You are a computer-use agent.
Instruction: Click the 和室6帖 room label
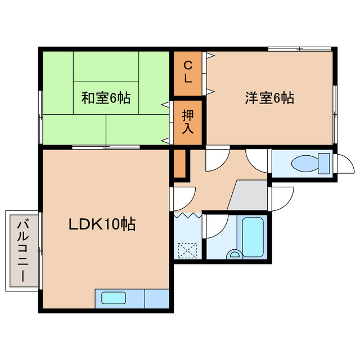click(x=106, y=98)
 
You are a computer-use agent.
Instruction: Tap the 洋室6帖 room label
click(x=269, y=98)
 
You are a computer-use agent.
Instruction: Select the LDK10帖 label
click(x=102, y=224)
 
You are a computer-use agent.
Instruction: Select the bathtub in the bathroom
click(x=251, y=236)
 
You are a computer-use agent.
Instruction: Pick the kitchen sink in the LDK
click(x=114, y=298)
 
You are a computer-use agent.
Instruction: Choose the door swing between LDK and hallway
click(x=183, y=197)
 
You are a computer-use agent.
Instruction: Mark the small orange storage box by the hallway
click(x=179, y=163)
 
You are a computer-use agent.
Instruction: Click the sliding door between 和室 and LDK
click(x=106, y=147)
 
